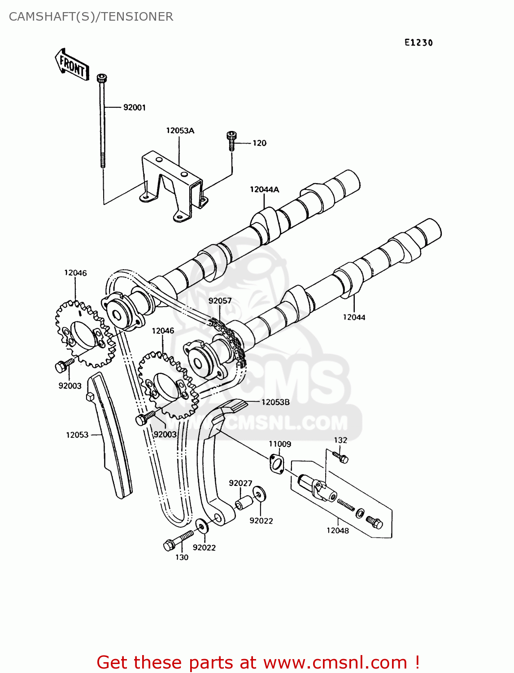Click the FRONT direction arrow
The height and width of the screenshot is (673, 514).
pos(72,66)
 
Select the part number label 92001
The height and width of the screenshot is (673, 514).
pos(134,108)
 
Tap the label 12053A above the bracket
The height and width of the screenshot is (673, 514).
pos(180,131)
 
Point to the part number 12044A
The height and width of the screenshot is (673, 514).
pos(264,189)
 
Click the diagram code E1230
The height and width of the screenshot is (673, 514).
pos(418,43)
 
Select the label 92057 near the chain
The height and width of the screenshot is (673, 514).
pos(220,301)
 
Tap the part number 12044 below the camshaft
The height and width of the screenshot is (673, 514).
pos(354,317)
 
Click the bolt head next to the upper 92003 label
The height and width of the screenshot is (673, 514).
pos(61,367)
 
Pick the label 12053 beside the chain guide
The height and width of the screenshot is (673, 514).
pos(77,435)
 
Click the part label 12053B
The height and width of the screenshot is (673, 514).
pos(275,402)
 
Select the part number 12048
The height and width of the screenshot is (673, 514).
pos(337,530)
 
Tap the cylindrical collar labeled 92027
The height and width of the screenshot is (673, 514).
pos(243,503)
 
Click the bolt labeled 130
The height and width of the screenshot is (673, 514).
pos(177,540)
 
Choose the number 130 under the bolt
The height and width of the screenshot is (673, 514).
pos(182,557)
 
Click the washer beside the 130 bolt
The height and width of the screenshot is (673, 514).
pos(201,525)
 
